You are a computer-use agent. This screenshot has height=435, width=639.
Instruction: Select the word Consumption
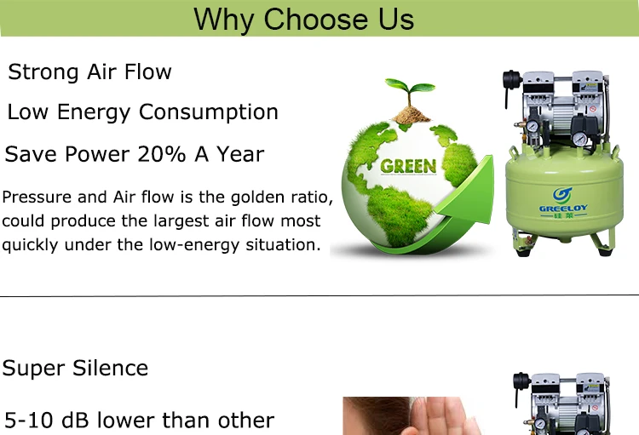coord(208,112)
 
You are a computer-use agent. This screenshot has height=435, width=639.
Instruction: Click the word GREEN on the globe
coord(408,165)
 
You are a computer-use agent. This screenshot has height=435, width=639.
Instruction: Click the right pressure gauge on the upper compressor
coord(579,139)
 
